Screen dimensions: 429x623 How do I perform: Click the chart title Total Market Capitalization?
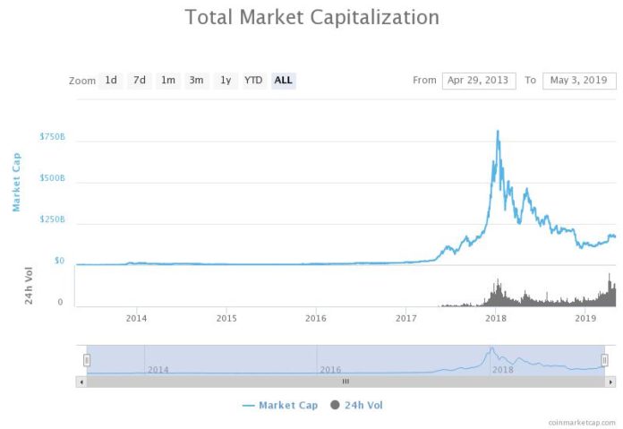click(x=311, y=17)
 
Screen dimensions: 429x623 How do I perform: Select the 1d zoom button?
click(x=111, y=81)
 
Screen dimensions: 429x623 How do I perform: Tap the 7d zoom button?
click(x=140, y=81)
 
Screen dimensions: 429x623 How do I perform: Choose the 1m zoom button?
click(x=167, y=81)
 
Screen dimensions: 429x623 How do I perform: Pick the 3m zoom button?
click(x=196, y=81)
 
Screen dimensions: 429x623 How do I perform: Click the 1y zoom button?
click(x=226, y=81)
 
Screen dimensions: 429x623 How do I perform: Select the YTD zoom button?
click(x=253, y=81)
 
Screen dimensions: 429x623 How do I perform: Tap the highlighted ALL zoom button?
click(x=283, y=81)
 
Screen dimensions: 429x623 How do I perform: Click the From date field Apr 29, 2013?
click(x=479, y=81)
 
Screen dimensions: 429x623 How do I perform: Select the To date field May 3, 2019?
click(x=580, y=81)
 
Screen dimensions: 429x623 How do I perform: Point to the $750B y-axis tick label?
click(x=52, y=137)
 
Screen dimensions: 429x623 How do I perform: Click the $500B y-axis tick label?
click(x=52, y=178)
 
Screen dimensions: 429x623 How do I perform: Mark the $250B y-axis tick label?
click(x=52, y=219)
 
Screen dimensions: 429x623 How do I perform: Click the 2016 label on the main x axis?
click(x=316, y=318)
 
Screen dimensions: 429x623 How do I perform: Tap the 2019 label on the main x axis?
click(x=585, y=318)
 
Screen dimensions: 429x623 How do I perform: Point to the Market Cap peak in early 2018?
click(x=497, y=132)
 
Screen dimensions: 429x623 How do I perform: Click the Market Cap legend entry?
click(x=279, y=406)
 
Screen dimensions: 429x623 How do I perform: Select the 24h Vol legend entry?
click(x=357, y=406)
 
